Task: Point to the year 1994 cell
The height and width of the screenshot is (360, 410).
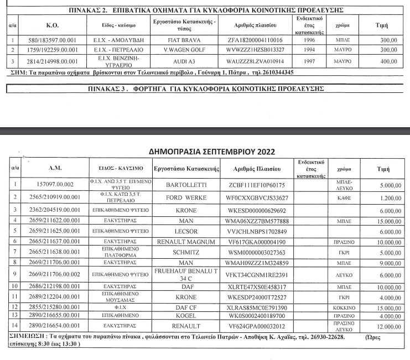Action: (x=309, y=50)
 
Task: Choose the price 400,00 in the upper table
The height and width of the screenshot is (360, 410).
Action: (x=380, y=61)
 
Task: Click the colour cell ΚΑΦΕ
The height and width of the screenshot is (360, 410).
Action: (x=341, y=197)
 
